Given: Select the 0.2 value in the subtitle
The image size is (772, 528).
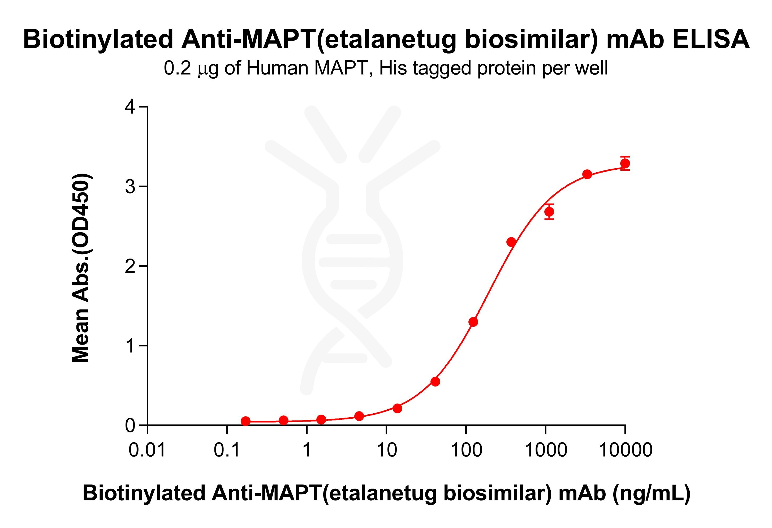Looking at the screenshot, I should click(x=177, y=68).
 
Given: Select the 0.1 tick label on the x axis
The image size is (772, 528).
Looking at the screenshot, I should click(x=227, y=450).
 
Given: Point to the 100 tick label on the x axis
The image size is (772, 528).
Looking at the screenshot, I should click(x=466, y=450).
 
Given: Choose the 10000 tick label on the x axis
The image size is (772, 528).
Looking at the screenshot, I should click(x=625, y=450).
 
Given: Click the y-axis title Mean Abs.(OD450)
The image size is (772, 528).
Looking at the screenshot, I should click(x=81, y=268).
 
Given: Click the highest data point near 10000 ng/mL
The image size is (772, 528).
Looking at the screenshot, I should click(x=625, y=164).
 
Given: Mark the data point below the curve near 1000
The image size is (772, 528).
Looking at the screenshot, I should click(x=549, y=212).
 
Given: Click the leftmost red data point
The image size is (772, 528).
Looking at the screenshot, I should click(x=245, y=421).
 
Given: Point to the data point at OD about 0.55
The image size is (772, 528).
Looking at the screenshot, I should click(x=435, y=382).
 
